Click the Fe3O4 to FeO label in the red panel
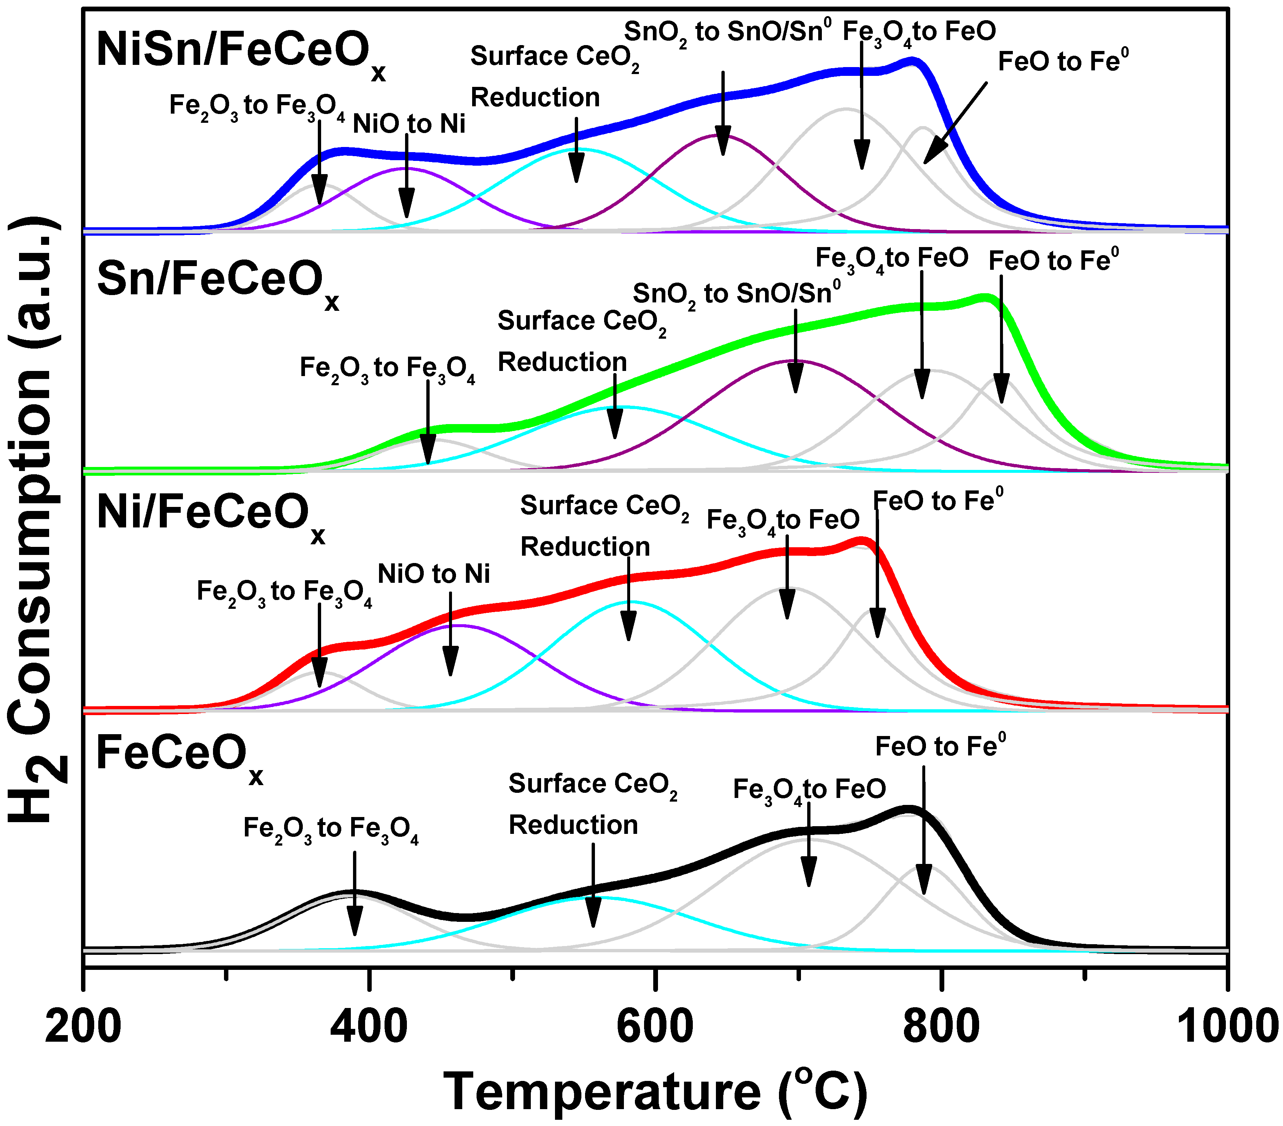pos(783,521)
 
